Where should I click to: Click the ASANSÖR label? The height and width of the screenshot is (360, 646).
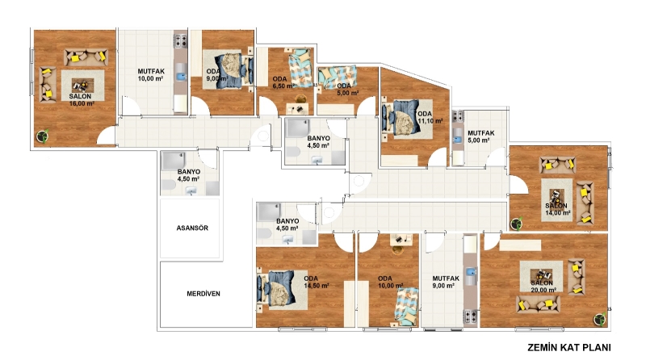tap(192, 228)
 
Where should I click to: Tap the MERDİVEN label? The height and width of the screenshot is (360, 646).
tap(203, 294)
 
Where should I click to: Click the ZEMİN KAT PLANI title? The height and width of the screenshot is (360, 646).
tap(569, 347)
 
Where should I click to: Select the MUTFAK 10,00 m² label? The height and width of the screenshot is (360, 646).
tap(151, 75)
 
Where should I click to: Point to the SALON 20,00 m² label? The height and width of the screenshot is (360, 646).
tap(543, 287)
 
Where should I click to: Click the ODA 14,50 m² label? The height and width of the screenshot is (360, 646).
tap(316, 283)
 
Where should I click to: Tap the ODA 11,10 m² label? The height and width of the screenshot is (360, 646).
tap(430, 117)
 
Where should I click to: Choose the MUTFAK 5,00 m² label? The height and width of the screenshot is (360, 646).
tap(480, 136)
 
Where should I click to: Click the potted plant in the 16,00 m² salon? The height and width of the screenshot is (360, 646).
tap(43, 136)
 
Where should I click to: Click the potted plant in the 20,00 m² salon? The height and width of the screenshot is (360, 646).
tap(599, 319)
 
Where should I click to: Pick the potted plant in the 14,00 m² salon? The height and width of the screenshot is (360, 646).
tap(516, 224)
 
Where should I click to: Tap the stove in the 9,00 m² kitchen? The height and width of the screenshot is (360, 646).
tap(470, 316)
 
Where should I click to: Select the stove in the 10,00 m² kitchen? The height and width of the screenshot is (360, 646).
tap(181, 40)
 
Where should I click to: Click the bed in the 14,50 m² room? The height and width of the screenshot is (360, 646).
tap(282, 289)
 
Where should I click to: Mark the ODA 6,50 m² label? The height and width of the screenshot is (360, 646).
tap(282, 82)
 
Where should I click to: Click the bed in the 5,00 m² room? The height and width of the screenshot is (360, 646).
tap(337, 77)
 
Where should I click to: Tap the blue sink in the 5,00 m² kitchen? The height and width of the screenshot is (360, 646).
tap(457, 139)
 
